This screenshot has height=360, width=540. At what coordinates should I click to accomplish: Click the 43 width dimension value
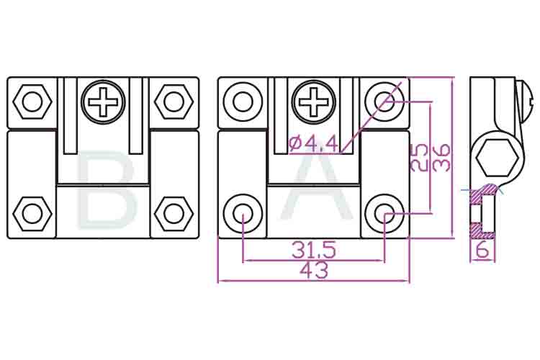[x=313, y=271]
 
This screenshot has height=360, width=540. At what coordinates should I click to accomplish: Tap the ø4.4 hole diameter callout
[x=313, y=144]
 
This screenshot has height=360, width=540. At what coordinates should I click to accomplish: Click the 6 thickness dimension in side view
[x=483, y=251]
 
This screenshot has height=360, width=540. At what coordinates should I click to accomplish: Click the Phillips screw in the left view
[x=104, y=102]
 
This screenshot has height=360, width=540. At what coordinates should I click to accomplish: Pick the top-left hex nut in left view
[x=32, y=102]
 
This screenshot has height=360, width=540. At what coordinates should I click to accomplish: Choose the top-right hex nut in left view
[x=174, y=102]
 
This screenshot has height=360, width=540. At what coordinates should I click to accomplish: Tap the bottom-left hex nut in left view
[x=32, y=214]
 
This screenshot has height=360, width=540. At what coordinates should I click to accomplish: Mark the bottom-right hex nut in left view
[x=174, y=214]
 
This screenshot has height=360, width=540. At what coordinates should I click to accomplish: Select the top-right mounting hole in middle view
[x=384, y=102]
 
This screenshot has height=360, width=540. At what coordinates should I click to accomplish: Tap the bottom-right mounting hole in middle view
[x=384, y=213]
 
